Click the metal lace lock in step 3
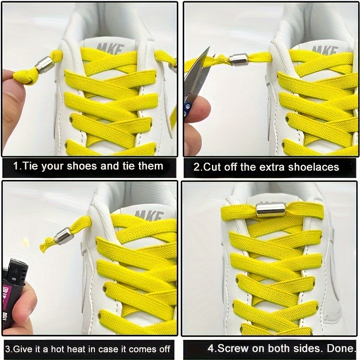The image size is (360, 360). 64,236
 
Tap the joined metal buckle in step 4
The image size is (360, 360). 270,209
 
